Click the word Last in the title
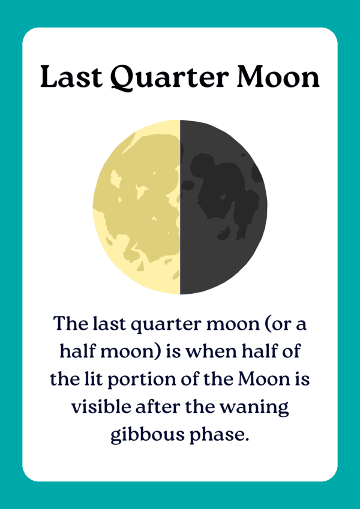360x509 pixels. point(71,77)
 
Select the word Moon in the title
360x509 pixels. point(278,77)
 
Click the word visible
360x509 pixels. point(101,406)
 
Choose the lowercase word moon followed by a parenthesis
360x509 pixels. point(110,351)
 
